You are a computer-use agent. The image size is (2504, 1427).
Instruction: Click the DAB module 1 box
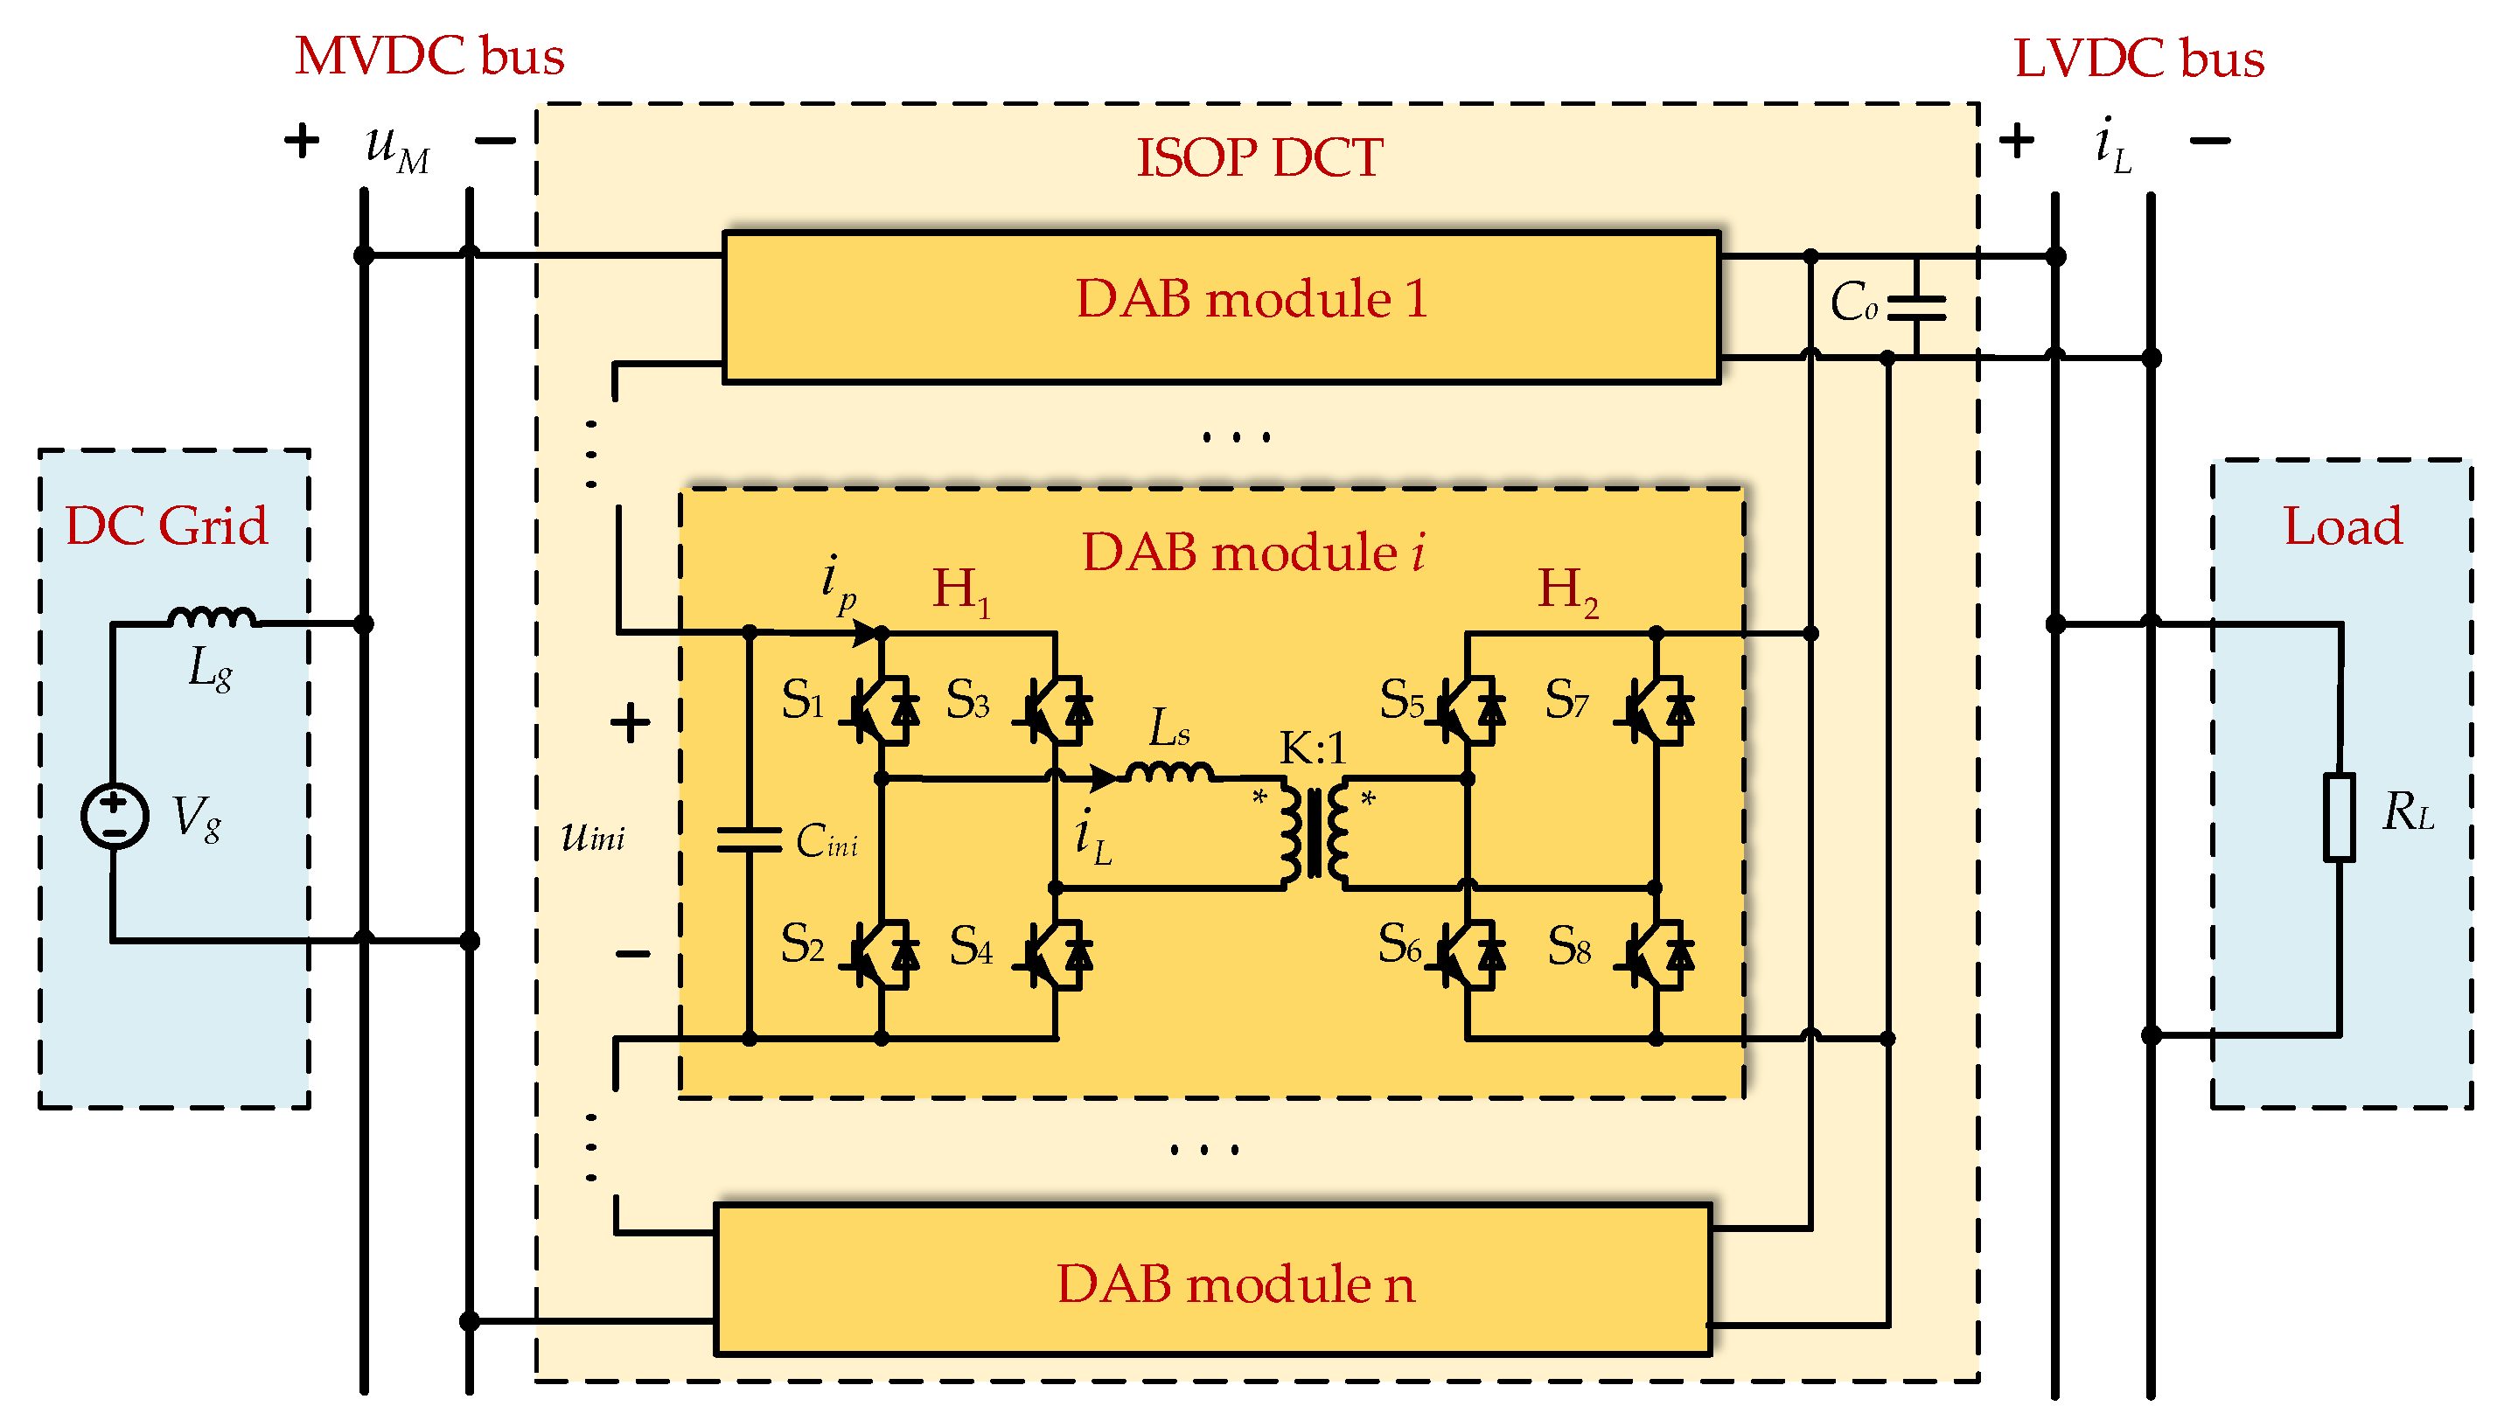1220,306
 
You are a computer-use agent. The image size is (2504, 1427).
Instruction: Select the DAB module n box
1213,1280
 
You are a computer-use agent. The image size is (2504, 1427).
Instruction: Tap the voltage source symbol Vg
115,816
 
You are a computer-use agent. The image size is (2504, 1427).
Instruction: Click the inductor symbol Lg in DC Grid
212,617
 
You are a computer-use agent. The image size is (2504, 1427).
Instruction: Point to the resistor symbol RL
2339,817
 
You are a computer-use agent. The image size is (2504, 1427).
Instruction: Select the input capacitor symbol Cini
750,840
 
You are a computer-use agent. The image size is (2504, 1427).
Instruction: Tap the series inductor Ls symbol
1169,772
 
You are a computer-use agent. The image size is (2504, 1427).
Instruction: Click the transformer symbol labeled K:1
1315,835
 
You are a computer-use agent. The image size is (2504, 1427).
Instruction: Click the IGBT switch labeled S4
1056,955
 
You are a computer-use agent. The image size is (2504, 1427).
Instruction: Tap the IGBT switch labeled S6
1467,955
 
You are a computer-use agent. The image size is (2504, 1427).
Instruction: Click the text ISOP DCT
1259,157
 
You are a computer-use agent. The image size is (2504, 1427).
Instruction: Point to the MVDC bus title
429,56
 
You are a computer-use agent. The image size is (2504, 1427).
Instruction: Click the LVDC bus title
2138,59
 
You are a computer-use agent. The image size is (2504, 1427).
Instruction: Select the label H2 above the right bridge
1567,591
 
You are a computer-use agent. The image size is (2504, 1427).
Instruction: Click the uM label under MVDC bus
396,147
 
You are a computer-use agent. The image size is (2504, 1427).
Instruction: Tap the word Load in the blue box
2342,526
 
